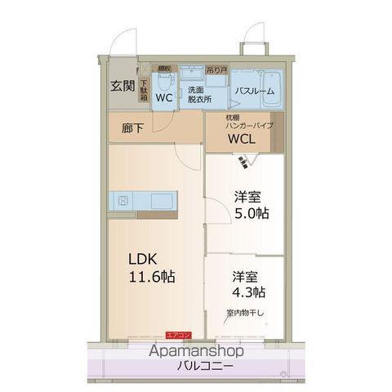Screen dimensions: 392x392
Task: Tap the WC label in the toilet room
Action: [x=164, y=98]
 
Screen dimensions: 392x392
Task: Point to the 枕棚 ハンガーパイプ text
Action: [x=249, y=122]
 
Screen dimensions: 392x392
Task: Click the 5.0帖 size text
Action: [x=252, y=213]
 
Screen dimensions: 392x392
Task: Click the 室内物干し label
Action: [x=244, y=313]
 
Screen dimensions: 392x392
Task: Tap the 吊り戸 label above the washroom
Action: [x=216, y=69]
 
